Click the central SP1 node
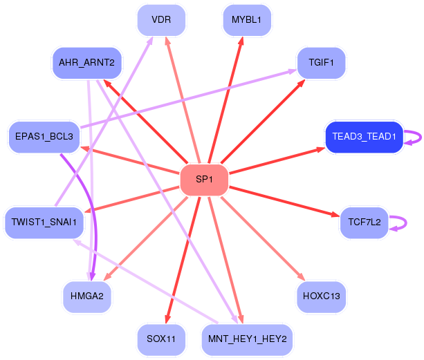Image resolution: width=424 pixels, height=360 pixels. [204, 180]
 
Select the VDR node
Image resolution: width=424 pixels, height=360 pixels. [161, 20]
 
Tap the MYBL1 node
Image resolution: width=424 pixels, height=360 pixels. [247, 20]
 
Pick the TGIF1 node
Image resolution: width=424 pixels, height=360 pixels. [321, 63]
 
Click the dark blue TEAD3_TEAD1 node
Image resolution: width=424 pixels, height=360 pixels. [365, 137]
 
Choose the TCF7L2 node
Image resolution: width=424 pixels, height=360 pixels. [365, 222]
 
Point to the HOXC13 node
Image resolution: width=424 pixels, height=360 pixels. [321, 296]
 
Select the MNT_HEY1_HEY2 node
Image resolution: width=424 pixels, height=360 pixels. [247, 339]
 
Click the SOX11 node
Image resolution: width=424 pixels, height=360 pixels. [161, 339]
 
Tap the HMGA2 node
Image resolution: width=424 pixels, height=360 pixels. [87, 296]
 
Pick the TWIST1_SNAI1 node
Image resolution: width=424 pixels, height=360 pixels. [44, 222]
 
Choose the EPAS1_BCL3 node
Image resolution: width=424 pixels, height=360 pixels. [44, 137]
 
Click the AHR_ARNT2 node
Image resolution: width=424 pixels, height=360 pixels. [87, 63]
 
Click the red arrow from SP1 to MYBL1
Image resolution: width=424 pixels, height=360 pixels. [226, 100]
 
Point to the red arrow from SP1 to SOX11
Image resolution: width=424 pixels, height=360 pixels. [183, 260]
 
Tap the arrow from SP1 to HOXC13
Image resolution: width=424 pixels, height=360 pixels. [263, 239]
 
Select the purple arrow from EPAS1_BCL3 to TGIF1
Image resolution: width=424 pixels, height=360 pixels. [188, 99]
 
